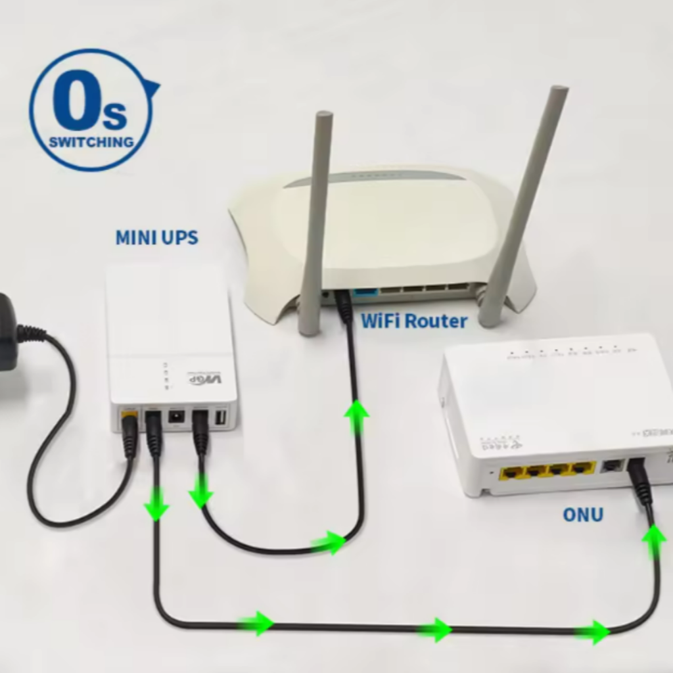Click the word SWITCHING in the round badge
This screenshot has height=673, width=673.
(91, 141)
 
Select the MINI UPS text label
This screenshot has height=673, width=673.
(156, 237)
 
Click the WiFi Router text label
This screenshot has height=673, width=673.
(414, 321)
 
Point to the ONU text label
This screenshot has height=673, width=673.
(582, 515)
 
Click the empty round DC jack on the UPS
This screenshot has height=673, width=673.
(176, 417)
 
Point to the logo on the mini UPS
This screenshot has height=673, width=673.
(205, 379)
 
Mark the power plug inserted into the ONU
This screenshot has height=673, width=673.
(639, 480)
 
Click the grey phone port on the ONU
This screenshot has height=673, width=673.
(612, 465)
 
